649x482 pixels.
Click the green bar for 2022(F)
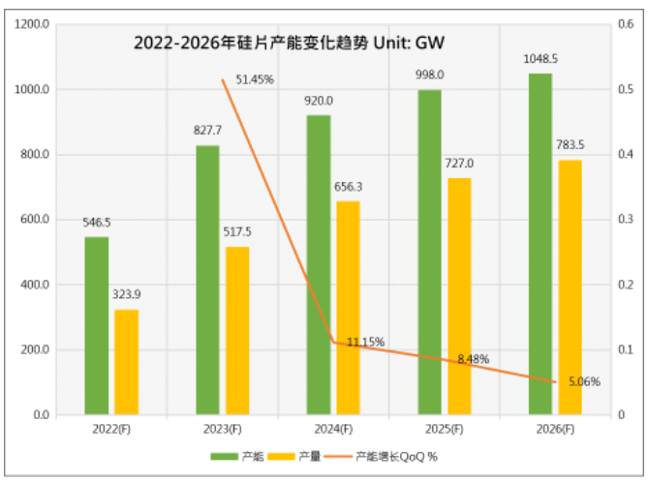pyautogui.click(x=96, y=325)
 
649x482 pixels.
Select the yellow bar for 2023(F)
pyautogui.click(x=237, y=331)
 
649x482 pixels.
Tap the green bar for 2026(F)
pyautogui.click(x=540, y=244)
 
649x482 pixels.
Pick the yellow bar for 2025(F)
pyautogui.click(x=459, y=296)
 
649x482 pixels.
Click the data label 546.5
pyautogui.click(x=96, y=222)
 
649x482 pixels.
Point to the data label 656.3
pyautogui.click(x=349, y=186)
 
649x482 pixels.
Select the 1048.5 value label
pyautogui.click(x=540, y=58)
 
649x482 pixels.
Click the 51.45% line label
pyautogui.click(x=255, y=79)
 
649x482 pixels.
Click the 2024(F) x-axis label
pyautogui.click(x=332, y=429)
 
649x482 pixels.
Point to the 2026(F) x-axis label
pyautogui.click(x=554, y=429)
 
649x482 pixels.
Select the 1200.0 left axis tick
pyautogui.click(x=32, y=24)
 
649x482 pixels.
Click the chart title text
pyautogui.click(x=288, y=43)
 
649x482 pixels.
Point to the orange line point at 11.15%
pyautogui.click(x=332, y=342)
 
